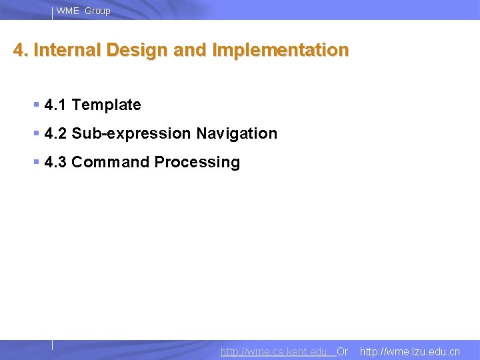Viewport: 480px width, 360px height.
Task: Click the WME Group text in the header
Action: click(x=83, y=11)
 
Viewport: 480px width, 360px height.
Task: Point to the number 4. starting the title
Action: click(x=21, y=51)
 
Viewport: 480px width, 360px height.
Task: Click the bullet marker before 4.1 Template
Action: click(x=36, y=105)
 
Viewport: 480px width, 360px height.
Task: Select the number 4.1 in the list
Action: click(x=55, y=105)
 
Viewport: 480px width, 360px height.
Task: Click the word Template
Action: click(x=106, y=105)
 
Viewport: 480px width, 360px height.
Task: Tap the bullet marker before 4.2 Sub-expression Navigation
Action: click(x=36, y=133)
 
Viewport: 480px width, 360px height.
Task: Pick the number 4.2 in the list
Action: click(x=55, y=133)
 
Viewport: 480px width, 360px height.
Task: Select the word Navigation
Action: click(x=236, y=133)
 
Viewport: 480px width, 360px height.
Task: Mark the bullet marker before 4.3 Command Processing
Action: click(x=36, y=162)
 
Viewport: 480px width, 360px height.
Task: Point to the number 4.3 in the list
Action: click(x=55, y=162)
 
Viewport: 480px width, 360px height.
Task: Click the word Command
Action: click(x=110, y=162)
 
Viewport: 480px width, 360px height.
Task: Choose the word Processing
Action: click(x=197, y=162)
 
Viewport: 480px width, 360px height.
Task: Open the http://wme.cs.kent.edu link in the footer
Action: click(x=274, y=351)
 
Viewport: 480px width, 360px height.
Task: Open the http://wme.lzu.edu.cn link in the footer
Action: click(x=409, y=351)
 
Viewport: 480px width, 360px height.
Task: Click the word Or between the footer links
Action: click(x=342, y=351)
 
